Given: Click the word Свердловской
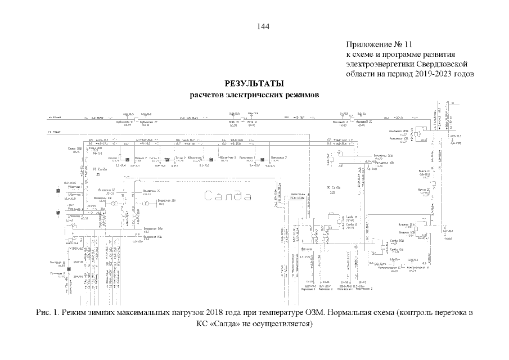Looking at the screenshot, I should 446,64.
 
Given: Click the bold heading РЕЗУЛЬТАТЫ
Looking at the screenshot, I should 254,84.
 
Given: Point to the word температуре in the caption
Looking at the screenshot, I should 276,313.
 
